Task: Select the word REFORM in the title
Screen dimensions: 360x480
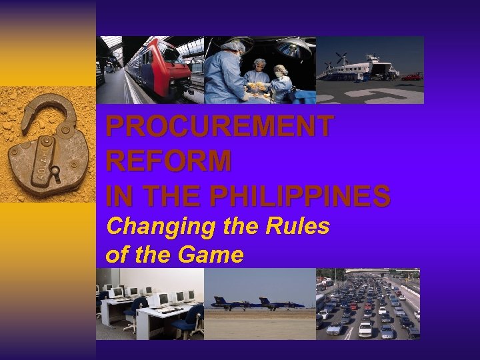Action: tap(169, 161)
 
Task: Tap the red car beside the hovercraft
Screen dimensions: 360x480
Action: tap(411, 77)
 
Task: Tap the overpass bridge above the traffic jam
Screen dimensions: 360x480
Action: tap(380, 272)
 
